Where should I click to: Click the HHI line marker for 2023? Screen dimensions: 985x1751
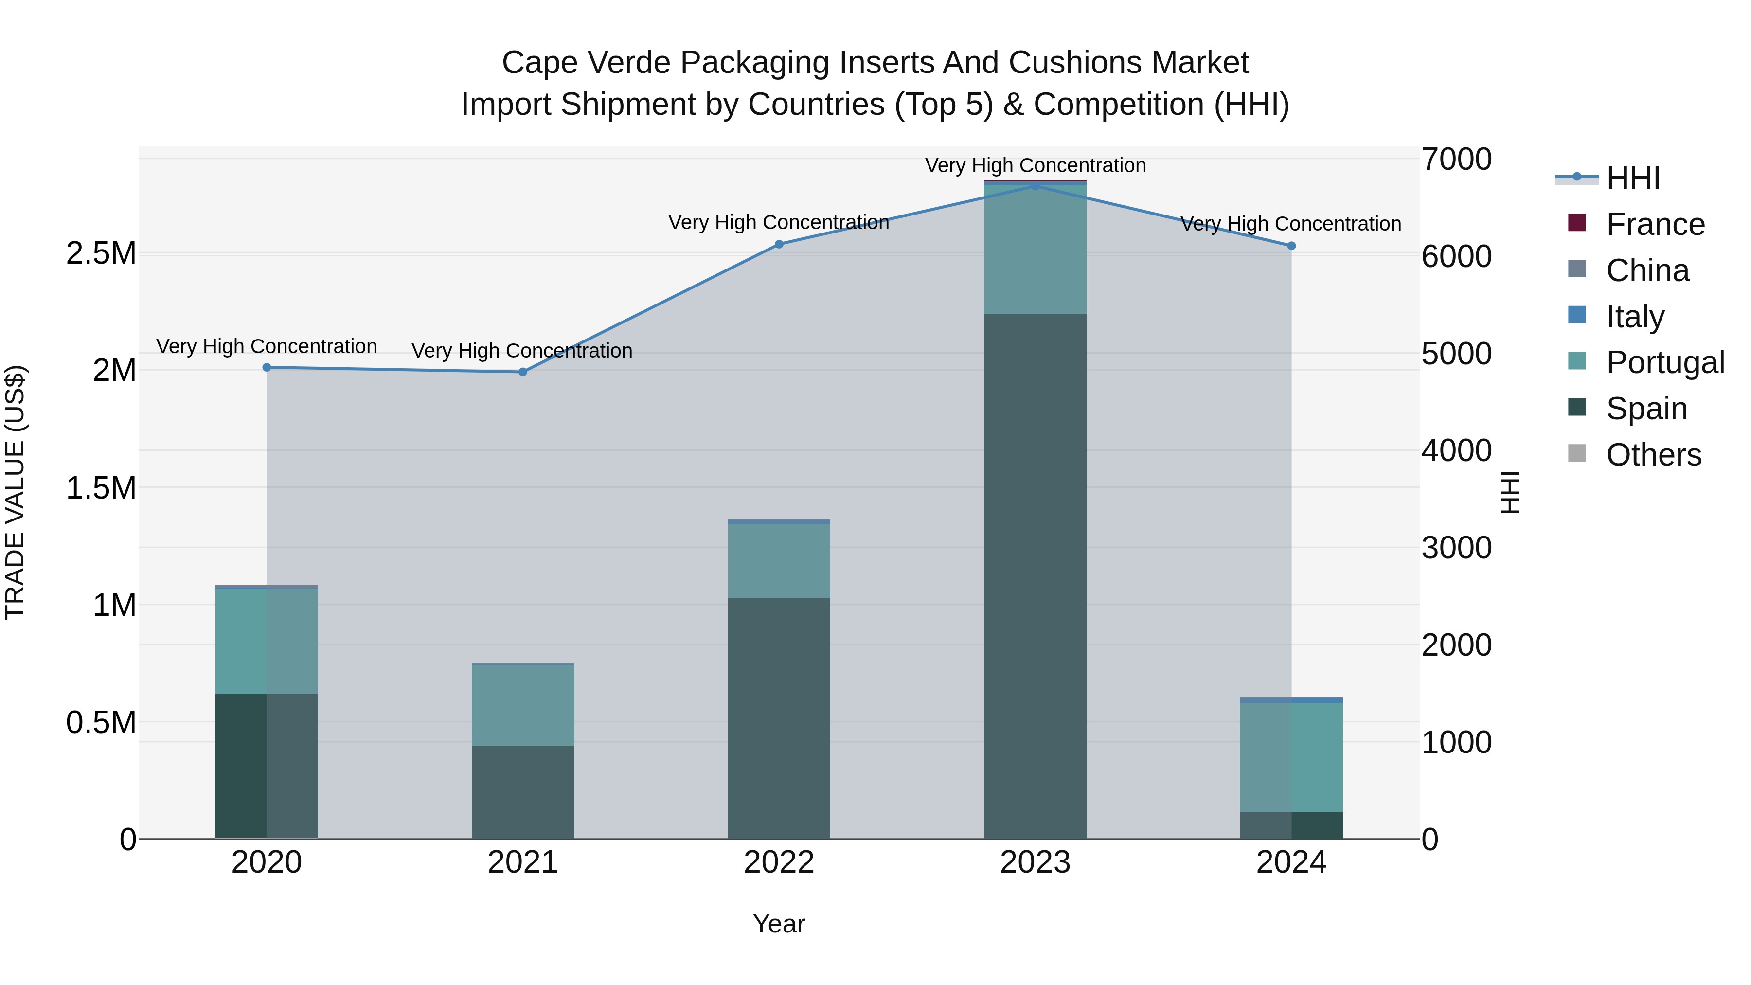(x=1035, y=186)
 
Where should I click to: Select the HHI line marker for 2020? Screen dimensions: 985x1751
(x=267, y=368)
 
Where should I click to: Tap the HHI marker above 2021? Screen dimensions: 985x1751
(x=523, y=372)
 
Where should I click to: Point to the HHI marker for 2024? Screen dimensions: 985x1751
(x=1291, y=246)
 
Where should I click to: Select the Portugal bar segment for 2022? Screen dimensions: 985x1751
(x=779, y=561)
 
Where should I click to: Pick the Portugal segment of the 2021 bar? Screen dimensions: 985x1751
(x=523, y=705)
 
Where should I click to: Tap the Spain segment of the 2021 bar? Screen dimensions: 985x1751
(x=523, y=792)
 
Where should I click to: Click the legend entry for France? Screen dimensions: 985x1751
(x=1655, y=224)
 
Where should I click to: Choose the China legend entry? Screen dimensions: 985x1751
(x=1647, y=270)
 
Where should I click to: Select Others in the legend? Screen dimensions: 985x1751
(x=1653, y=455)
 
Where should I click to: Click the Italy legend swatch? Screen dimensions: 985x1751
(x=1577, y=315)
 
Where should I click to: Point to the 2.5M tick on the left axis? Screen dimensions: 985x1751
(x=101, y=253)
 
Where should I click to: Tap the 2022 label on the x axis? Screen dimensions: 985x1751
(x=779, y=862)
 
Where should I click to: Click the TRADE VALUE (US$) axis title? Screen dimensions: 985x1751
(x=15, y=492)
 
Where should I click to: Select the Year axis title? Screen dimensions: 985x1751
(x=779, y=924)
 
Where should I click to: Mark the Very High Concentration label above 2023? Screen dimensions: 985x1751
(x=1035, y=165)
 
